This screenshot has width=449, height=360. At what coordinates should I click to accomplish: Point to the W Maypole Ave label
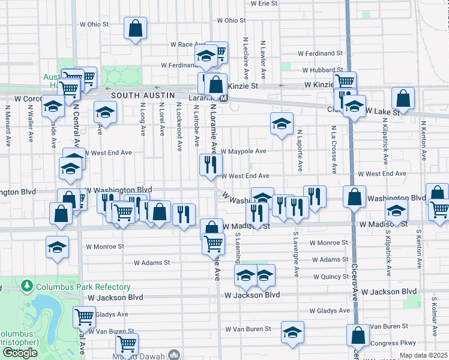[x=243, y=152]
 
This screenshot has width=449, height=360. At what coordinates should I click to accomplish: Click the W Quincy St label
[x=327, y=277]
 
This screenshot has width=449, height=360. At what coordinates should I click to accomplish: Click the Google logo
[x=20, y=353]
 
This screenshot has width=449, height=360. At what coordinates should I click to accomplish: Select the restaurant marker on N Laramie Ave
[x=210, y=164]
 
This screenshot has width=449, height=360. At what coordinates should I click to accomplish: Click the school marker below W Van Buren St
[x=292, y=332]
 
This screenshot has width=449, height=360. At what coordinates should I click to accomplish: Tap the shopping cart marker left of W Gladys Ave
[x=84, y=316]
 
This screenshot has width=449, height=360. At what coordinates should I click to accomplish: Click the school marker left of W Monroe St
[x=58, y=247]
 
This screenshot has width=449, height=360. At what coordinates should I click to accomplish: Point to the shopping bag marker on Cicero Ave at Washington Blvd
[x=355, y=196]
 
